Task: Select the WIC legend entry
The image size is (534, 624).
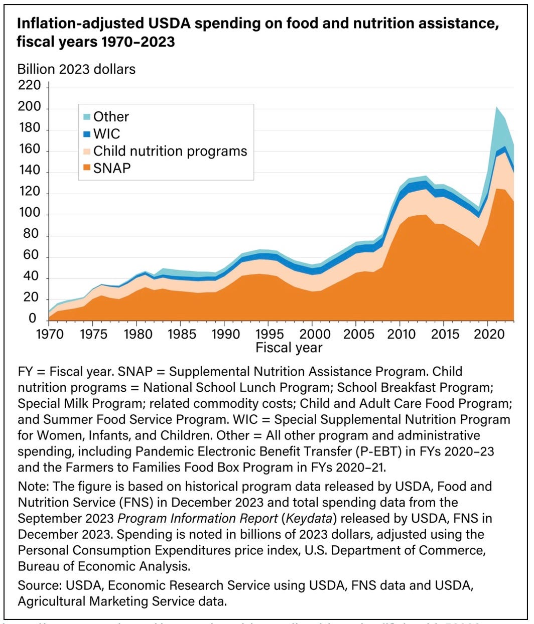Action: (x=106, y=134)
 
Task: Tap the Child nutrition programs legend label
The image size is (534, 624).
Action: (x=170, y=151)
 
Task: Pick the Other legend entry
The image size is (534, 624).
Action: (x=111, y=117)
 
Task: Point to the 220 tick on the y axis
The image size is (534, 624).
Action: (x=29, y=86)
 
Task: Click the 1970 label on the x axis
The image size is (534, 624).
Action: (x=50, y=334)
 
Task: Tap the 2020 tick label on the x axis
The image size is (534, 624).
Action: (x=487, y=334)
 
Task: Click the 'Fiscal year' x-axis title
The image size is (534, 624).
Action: (x=289, y=348)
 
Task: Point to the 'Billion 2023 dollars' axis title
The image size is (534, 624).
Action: (x=76, y=69)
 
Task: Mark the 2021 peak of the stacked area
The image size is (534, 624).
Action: (x=496, y=107)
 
